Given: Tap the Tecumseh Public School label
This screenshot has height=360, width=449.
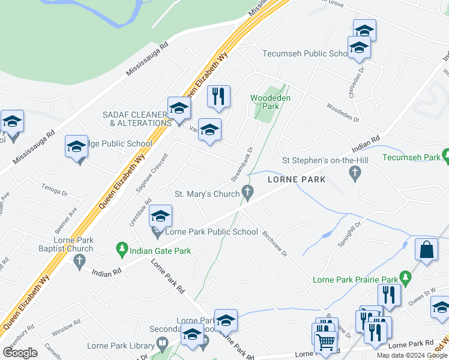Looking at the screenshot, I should pos(306,53).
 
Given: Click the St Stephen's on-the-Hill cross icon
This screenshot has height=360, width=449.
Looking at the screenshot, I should pos(355,173).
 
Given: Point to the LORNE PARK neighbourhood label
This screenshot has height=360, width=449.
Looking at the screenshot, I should pos(296,179).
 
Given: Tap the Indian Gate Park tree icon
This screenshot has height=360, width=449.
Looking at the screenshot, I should pos(122,247).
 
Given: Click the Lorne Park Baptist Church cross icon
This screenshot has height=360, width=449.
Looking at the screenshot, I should pos(79,261).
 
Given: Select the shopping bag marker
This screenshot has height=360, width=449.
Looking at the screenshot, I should pos(426,250).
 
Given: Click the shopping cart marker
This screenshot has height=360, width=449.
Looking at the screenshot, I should pos(326,341).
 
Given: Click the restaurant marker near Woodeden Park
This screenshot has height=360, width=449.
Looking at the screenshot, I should pos(218,96).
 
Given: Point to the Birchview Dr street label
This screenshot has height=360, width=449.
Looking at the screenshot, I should pos(275,244).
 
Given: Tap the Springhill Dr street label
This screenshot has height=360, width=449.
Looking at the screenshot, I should pos(352,230).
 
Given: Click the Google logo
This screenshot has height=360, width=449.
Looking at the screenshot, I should pos(20,352).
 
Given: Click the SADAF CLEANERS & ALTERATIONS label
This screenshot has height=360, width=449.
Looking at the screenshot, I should pos(137,119).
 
